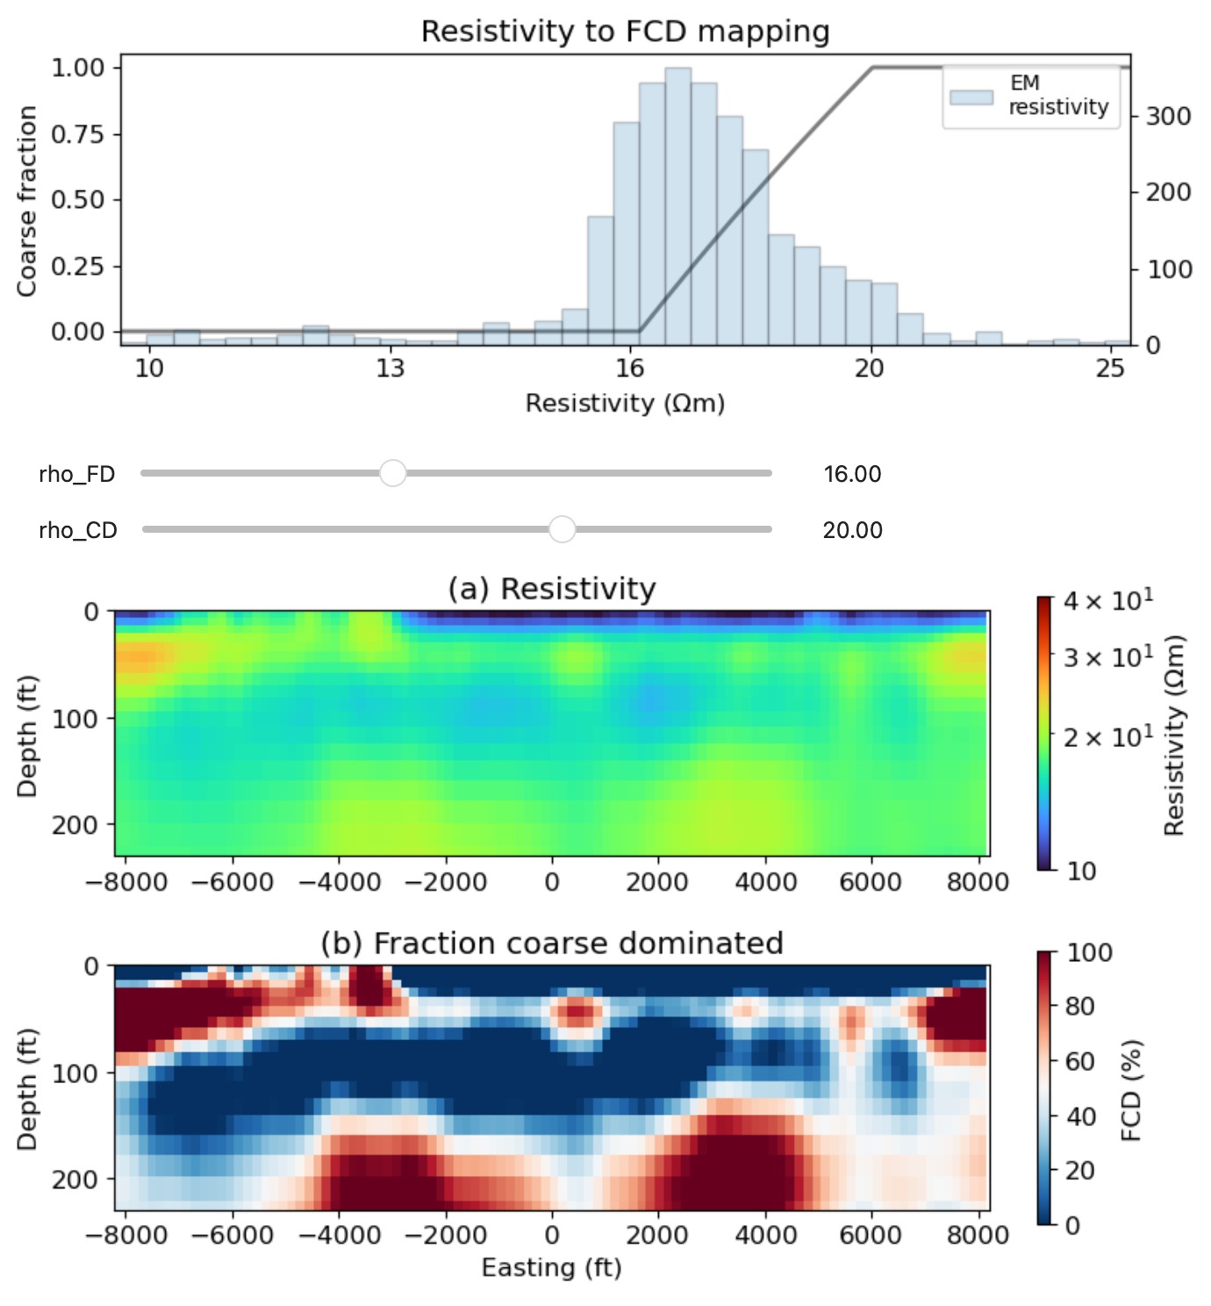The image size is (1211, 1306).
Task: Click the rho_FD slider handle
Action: (x=392, y=473)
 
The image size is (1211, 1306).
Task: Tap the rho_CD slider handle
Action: (x=562, y=529)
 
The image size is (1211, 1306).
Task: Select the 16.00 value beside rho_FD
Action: (x=852, y=474)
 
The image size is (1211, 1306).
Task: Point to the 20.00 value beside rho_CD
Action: (x=852, y=530)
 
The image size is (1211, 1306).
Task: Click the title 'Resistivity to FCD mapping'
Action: (x=625, y=32)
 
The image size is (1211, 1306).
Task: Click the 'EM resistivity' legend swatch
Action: (x=971, y=97)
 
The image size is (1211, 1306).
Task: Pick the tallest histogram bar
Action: (x=677, y=205)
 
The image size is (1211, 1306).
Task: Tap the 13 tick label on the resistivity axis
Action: (x=390, y=369)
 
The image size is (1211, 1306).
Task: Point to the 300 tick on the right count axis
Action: (x=1167, y=117)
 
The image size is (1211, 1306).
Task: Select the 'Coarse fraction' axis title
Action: (x=27, y=201)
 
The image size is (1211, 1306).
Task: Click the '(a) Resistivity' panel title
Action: (x=551, y=589)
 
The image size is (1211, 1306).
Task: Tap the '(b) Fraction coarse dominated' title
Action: (x=551, y=944)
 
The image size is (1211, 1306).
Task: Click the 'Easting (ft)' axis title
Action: (x=551, y=1268)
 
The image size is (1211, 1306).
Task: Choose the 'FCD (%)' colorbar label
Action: (x=1131, y=1090)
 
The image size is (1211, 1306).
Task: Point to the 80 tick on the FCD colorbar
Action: (x=1078, y=1006)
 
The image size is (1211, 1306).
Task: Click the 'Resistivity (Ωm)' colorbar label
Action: (x=1173, y=735)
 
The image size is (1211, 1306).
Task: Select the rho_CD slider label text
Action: (x=77, y=530)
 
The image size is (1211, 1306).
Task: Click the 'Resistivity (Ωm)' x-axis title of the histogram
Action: (x=625, y=404)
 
